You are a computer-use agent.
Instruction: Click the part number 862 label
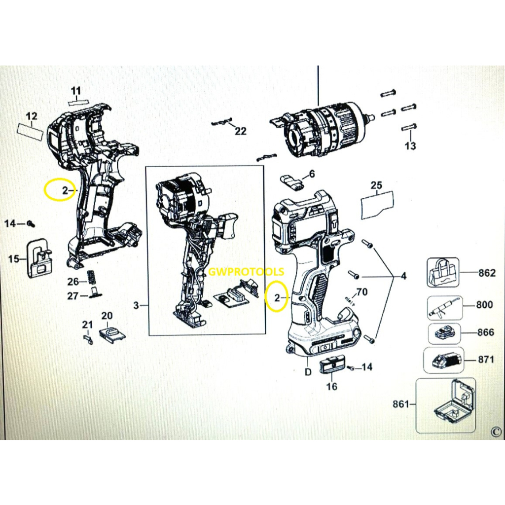[487, 273]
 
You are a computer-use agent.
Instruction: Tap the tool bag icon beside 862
[443, 272]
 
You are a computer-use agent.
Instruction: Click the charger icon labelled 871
[443, 360]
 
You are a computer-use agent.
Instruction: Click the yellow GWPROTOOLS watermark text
[246, 272]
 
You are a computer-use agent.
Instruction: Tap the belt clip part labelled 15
[39, 258]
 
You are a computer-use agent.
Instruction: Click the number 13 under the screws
[410, 145]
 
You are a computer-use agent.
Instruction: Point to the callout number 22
[241, 131]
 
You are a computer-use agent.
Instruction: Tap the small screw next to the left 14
[31, 223]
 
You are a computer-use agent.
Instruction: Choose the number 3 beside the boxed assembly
[136, 305]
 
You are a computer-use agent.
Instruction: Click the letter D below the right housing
[308, 372]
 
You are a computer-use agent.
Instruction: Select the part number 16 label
[331, 386]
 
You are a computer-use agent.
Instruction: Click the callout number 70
[361, 292]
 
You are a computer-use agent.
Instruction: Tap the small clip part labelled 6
[292, 183]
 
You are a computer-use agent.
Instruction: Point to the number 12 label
[32, 116]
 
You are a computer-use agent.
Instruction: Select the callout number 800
[485, 304]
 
